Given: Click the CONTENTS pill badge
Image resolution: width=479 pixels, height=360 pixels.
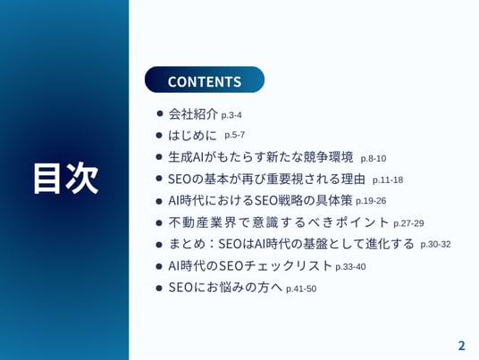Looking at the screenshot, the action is [205, 80].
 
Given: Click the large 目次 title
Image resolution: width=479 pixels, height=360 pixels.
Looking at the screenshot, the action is [65, 179].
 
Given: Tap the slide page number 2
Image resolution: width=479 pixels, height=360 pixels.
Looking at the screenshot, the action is [461, 346].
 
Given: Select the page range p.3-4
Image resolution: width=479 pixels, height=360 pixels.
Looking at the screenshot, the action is [231, 115].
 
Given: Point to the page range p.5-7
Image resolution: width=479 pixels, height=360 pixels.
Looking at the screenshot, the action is [235, 135].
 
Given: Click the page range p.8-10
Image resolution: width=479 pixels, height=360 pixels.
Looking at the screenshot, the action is [374, 158].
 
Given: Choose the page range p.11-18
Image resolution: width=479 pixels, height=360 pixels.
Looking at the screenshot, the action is [388, 180].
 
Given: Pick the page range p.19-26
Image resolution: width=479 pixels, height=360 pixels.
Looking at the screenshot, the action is [371, 201].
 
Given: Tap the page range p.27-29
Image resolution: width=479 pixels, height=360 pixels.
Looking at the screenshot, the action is [408, 223].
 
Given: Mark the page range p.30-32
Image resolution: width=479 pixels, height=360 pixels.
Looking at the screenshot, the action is [435, 244].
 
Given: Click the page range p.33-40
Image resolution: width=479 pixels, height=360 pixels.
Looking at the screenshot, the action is [350, 266].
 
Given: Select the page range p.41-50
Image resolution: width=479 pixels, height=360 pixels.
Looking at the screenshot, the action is [301, 289].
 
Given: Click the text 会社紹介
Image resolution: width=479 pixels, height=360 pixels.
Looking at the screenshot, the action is [193, 113].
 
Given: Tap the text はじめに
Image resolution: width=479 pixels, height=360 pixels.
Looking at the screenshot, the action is [192, 135].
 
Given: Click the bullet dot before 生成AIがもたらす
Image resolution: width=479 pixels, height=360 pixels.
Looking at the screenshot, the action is [159, 157].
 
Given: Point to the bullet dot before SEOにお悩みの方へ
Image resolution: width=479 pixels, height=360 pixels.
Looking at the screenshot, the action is [159, 288].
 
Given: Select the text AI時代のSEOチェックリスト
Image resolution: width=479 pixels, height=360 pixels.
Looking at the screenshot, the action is [250, 265].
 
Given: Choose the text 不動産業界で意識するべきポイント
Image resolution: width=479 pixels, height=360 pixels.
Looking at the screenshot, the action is [279, 222].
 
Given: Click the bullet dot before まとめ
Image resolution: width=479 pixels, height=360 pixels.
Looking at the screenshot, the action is [159, 244].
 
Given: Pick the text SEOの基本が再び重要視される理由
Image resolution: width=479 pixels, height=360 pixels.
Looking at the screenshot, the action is [266, 179].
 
